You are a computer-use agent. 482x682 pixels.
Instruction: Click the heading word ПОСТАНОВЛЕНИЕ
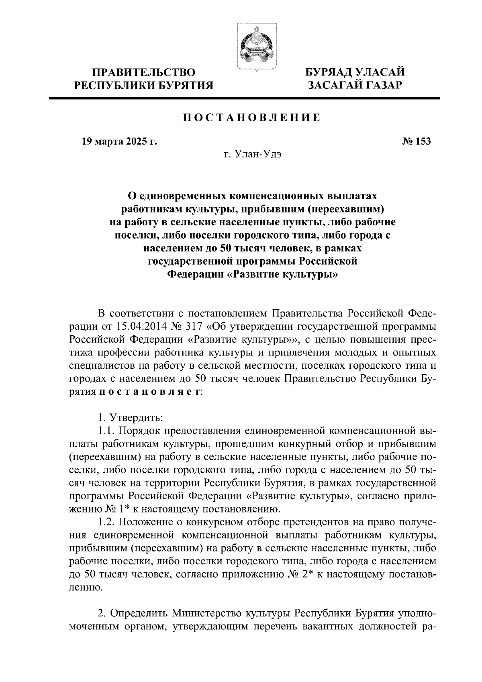click(x=252, y=118)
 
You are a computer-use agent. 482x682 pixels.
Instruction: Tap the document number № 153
click(x=416, y=141)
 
